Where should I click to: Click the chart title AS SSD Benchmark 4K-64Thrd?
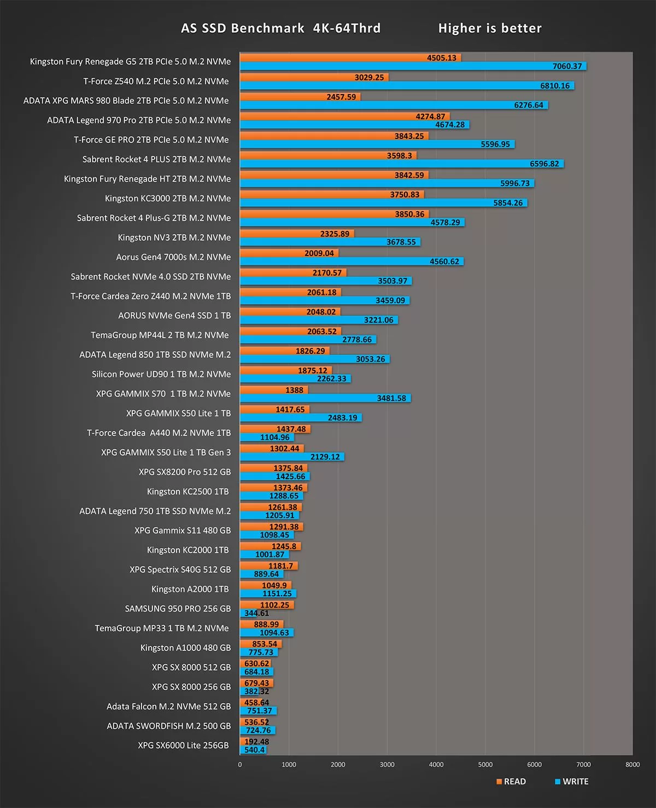point(280,28)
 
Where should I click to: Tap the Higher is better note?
point(490,28)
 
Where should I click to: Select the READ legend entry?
point(511,781)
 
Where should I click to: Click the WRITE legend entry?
point(572,781)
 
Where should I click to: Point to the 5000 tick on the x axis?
point(485,764)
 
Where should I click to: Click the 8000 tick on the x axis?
point(632,764)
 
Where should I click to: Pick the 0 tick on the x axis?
point(240,764)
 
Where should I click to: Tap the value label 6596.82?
point(544,164)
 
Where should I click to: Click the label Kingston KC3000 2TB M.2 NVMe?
point(168,198)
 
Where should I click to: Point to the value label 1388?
point(294,390)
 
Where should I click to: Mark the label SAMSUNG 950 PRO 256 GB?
point(178,608)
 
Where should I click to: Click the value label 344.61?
point(256,613)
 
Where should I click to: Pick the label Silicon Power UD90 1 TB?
point(161,374)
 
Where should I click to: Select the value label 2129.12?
point(325,457)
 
